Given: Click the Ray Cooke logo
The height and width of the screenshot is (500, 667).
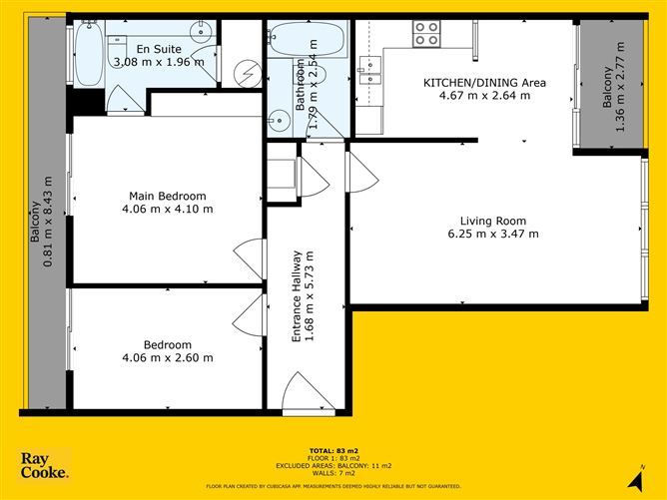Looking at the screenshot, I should click(x=45, y=465).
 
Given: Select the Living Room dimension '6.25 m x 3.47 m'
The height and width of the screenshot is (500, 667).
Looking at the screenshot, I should click(x=492, y=235).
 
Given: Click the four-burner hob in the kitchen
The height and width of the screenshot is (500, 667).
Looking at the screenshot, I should click(x=426, y=34).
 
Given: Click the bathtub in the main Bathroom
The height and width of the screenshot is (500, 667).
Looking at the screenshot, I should click(x=305, y=41).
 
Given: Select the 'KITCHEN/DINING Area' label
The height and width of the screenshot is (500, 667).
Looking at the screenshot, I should click(x=484, y=83).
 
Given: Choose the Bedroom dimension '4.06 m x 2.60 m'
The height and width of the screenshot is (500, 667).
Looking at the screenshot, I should click(x=167, y=357).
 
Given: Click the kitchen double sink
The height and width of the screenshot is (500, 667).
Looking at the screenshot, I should click(x=369, y=69).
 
